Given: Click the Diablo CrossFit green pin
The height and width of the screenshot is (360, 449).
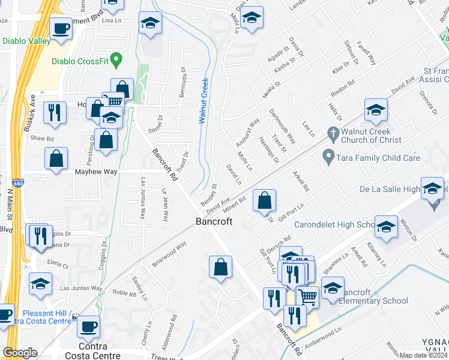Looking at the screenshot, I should tap(118, 61).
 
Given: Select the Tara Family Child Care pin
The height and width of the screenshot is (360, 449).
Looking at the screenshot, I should tap(328, 158).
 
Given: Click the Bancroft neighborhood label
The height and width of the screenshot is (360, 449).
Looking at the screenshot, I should tap(214, 221).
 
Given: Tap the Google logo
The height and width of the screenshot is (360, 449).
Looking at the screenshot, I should tap(20, 353).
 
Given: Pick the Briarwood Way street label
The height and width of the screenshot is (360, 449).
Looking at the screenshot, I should tap(169, 254).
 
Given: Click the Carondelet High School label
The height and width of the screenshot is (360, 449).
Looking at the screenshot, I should tap(334, 225).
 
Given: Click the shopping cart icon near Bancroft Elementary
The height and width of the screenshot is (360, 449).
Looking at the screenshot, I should tap(307, 296).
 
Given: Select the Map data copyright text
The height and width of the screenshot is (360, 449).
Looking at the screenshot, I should tap(424, 355).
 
